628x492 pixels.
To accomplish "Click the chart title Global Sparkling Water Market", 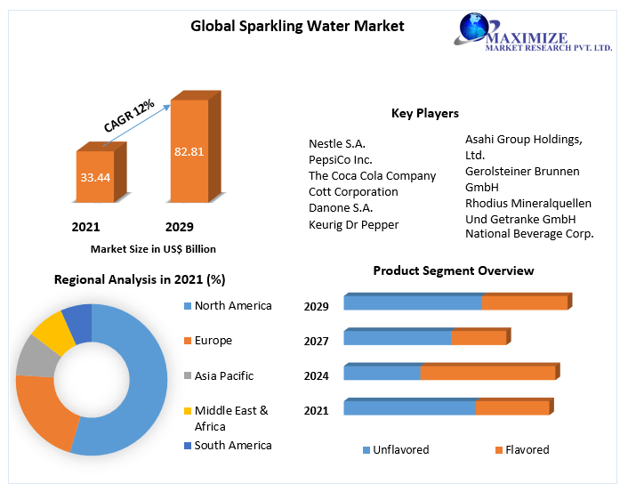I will [297, 26].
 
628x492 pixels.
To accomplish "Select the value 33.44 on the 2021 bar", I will [95, 177].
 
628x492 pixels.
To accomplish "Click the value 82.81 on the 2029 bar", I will [189, 151].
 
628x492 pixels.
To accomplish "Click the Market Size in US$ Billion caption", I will [153, 249].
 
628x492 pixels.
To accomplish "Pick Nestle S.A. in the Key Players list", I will [337, 143].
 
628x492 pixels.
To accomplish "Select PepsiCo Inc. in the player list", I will [340, 159].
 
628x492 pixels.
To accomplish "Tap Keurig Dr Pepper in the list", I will [353, 224].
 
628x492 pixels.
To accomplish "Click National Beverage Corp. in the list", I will [529, 234].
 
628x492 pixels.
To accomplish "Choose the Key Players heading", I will [425, 113].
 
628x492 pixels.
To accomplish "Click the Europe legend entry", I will [213, 340].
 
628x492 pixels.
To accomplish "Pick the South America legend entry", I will [233, 445].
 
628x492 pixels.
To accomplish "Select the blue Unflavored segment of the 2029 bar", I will [413, 303].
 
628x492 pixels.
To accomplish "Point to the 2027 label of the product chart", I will [316, 341].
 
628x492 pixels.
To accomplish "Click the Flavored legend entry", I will [527, 449].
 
